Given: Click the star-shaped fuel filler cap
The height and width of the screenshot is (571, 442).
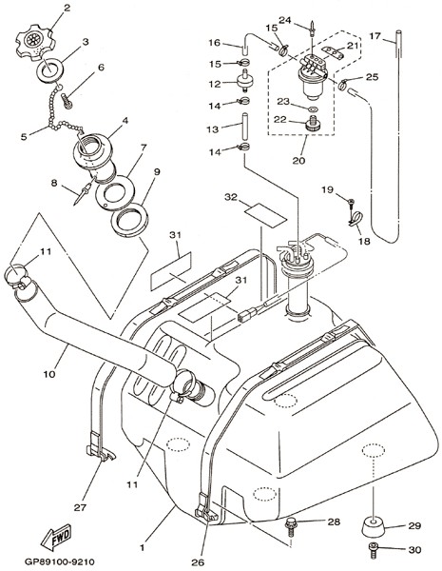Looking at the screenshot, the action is coord(35,42).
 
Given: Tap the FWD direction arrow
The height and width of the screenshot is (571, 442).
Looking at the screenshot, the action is coord(56,537).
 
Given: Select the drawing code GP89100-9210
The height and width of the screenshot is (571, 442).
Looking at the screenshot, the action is coord(59,561).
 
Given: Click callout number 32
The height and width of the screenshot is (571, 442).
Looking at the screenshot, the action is coord(231,197).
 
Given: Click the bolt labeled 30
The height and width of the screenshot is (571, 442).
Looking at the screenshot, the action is coord(374,549).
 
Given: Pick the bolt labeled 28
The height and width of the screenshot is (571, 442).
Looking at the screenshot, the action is coord(291,526).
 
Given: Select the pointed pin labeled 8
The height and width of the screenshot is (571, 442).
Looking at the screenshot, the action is coord(84,191).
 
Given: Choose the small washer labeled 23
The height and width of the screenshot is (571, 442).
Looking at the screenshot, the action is coord(312,108).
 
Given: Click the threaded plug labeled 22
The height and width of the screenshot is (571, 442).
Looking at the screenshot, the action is coord(312,124).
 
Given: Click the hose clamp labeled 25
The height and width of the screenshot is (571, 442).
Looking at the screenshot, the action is coord(343,84).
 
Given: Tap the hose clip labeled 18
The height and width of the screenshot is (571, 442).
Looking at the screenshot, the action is coord(355,219).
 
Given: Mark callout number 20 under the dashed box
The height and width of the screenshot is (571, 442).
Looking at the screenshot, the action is coord(298,160).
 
